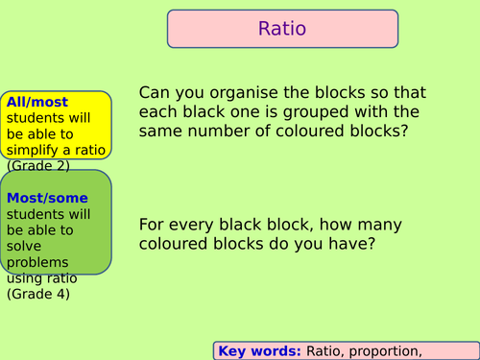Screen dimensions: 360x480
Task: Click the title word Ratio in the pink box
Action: [282, 29]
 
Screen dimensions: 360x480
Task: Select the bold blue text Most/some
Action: [40, 199]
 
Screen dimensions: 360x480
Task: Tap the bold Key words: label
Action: [259, 351]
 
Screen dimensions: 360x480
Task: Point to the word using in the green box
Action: [25, 277]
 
